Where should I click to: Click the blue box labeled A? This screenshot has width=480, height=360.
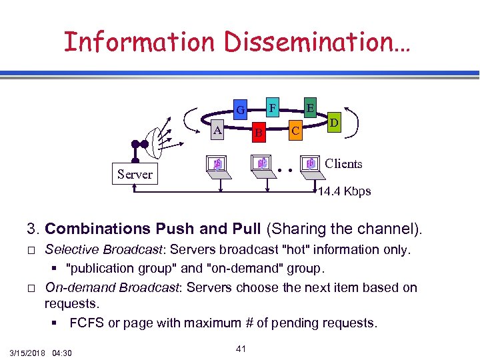(217, 131)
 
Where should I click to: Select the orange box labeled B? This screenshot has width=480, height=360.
(259, 133)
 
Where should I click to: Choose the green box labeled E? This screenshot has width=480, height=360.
(310, 106)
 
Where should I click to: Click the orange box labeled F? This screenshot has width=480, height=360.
(272, 106)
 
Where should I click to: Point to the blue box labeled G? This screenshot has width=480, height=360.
(241, 108)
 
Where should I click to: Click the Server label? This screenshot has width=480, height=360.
(135, 175)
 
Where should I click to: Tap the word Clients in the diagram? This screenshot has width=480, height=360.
(343, 163)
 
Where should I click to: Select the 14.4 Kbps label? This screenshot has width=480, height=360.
(345, 192)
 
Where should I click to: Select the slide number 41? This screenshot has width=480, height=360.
(242, 348)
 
